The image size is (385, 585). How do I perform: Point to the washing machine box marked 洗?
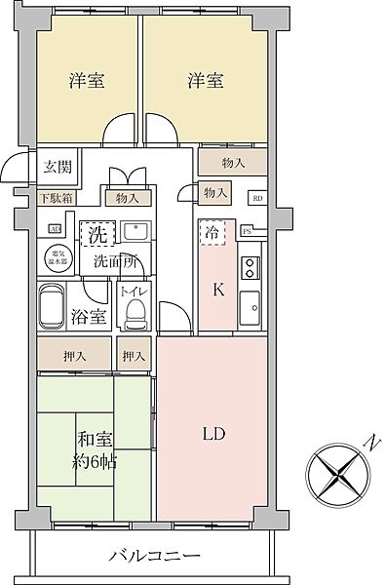(97, 234)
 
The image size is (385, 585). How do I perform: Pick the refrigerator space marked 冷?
(211, 234)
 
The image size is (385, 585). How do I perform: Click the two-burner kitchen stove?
(250, 265)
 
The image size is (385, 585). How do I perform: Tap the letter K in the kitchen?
(218, 288)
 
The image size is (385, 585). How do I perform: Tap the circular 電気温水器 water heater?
(56, 257)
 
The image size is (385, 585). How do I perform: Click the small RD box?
(257, 198)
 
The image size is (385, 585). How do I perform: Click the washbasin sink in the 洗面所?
(135, 234)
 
